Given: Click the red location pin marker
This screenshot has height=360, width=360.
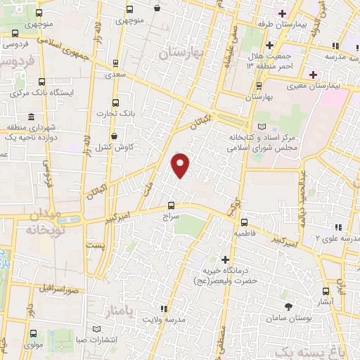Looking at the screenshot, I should [x=181, y=165].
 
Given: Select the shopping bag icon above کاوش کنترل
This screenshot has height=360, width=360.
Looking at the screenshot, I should [x=114, y=136].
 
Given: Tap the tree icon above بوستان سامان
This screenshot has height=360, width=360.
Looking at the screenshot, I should [x=288, y=306].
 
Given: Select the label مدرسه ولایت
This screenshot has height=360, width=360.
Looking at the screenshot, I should [x=163, y=320].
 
